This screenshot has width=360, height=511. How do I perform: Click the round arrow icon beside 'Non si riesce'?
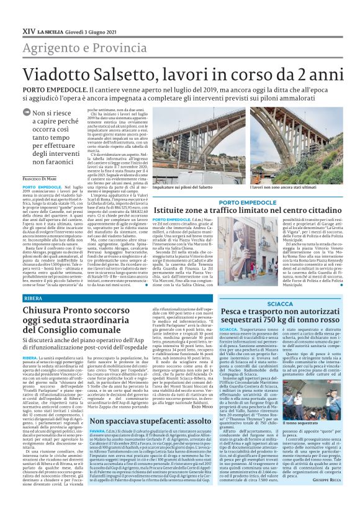[26, 113]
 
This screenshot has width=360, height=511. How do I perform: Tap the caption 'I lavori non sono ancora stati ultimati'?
[281, 186]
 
